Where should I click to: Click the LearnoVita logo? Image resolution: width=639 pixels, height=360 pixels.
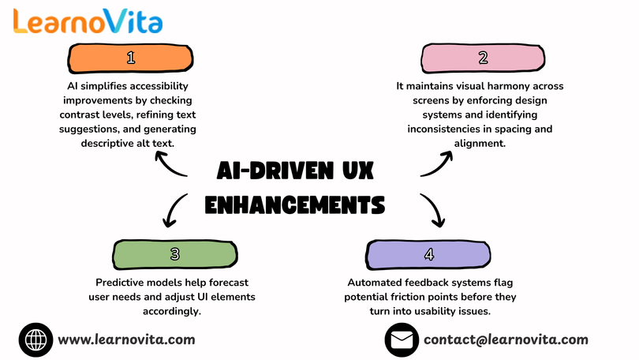pos(88,21)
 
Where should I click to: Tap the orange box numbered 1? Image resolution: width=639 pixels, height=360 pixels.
pos(130,58)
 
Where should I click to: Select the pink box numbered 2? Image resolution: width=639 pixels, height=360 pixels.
pos(483,58)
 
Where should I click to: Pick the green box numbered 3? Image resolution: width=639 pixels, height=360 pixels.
pos(175,255)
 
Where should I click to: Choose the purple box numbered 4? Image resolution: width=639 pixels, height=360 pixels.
pos(428,255)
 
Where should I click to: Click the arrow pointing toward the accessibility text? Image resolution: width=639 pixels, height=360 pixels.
pos(168,166)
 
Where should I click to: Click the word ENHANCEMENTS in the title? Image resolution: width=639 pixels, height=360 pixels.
pos(294,204)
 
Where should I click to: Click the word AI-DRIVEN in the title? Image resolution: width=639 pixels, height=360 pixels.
pos(275,171)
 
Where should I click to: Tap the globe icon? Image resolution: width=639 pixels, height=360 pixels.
pos(35,339)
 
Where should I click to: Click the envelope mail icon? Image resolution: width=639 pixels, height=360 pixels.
pos(402,339)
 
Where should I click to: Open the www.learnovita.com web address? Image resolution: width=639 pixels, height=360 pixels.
pos(126,339)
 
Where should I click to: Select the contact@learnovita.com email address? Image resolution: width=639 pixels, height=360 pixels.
pos(506,339)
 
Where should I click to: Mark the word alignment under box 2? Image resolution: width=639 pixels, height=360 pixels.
pos(480,144)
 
